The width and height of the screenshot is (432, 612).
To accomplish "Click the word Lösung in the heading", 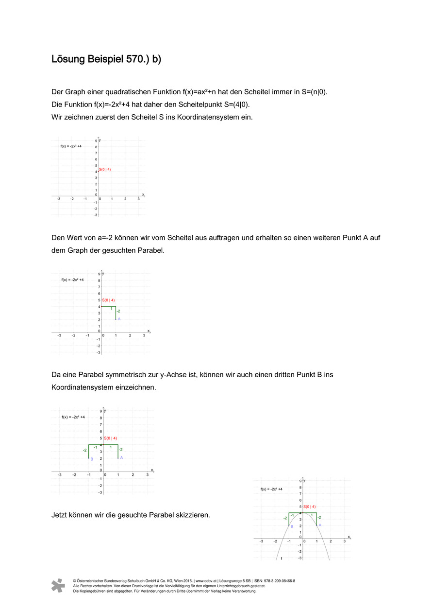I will pos(68,59).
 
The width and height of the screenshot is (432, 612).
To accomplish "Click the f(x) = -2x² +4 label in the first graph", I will pos(70,146).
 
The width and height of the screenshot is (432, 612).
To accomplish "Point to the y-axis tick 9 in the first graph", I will pos(96,141).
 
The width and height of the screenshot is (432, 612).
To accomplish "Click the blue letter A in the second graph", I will pos(119,319).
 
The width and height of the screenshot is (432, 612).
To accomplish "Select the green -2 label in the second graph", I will pos(118,311).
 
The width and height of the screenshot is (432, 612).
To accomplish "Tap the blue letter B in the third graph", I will pos(92,459).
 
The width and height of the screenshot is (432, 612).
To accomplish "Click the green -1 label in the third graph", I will pos(95,447).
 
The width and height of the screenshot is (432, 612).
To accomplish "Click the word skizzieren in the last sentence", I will pos(194,515).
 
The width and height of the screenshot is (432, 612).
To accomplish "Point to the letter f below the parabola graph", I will pos(282,559).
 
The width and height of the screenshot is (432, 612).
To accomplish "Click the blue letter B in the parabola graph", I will pos(292,526).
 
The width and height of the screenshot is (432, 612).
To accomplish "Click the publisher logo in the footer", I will pos(58,585).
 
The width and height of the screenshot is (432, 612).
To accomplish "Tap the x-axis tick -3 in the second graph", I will pos(59,336).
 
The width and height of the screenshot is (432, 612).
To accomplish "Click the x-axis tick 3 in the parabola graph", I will pos(344,541).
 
